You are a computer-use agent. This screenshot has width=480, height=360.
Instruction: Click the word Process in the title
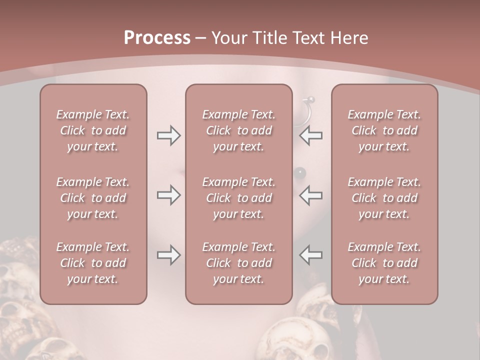[157, 38]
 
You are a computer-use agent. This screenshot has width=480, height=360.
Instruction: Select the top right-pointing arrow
[168, 135]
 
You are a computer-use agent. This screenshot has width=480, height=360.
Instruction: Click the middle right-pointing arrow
[168, 195]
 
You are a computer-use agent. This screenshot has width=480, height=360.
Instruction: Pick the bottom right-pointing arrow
[168, 255]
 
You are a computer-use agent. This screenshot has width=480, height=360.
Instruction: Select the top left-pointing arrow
[311, 135]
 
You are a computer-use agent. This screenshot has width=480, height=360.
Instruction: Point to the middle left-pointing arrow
[311, 195]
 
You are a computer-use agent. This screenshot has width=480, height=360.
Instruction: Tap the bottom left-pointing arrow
[311, 255]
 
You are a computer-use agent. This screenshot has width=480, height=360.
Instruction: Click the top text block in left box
[93, 130]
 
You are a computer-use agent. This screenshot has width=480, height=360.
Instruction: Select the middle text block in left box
[93, 198]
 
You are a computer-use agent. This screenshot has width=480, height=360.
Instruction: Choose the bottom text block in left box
[93, 263]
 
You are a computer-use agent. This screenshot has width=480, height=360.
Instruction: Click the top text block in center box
[239, 130]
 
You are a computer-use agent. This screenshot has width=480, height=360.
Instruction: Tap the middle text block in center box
[239, 198]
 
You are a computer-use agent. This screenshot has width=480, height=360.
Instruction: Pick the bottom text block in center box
[239, 263]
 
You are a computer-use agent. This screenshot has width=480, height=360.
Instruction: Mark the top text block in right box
[384, 130]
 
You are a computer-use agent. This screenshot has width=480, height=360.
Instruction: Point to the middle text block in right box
[384, 198]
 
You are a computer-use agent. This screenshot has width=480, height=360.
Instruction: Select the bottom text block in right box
[384, 263]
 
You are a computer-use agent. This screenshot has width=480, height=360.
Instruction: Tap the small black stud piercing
[300, 173]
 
